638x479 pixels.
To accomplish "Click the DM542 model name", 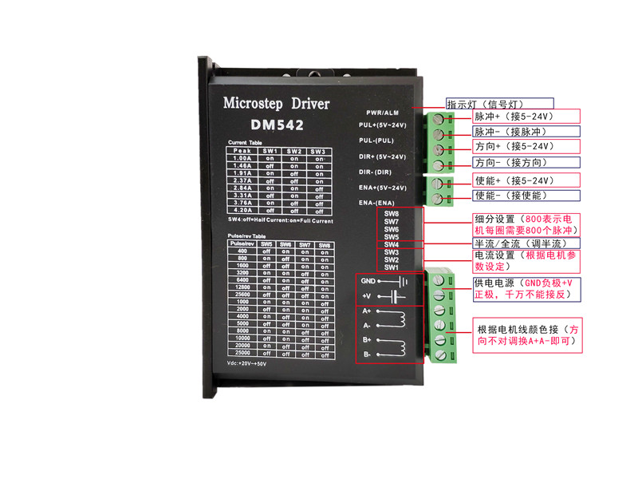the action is pyautogui.click(x=278, y=125).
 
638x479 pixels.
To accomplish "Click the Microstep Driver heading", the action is pyautogui.click(x=276, y=104).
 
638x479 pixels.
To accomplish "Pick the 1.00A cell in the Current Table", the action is pyautogui.click(x=239, y=158).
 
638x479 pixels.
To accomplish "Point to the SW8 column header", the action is pyautogui.click(x=324, y=244).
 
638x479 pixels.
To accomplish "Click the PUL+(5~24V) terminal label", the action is pyautogui.click(x=383, y=125).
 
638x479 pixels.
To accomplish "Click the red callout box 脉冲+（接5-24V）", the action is pyautogui.click(x=522, y=117).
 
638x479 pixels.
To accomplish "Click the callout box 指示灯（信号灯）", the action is pyautogui.click(x=483, y=104).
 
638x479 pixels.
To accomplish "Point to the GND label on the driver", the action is pyautogui.click(x=367, y=281).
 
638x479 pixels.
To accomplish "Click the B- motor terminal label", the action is pyautogui.click(x=365, y=354).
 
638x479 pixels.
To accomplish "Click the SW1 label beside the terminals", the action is pyautogui.click(x=391, y=267).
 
